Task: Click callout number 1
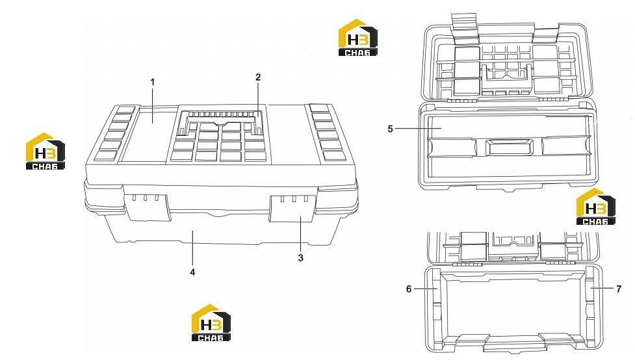click(x=153, y=83)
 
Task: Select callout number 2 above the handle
click(x=258, y=77)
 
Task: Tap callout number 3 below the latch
click(x=300, y=257)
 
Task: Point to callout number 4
click(x=192, y=272)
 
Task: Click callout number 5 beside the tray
click(x=390, y=129)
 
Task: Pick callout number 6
click(x=409, y=289)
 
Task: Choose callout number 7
click(x=618, y=289)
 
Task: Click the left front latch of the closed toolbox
click(x=147, y=207)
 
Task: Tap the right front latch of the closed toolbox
click(x=292, y=209)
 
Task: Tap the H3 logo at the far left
click(x=45, y=151)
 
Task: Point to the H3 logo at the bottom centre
click(x=211, y=323)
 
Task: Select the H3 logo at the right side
click(x=596, y=206)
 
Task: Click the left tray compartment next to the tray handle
click(x=452, y=147)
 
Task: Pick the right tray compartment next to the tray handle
click(x=566, y=146)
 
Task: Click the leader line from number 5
click(x=418, y=129)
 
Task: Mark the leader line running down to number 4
click(x=193, y=248)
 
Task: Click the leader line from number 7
click(x=603, y=288)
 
